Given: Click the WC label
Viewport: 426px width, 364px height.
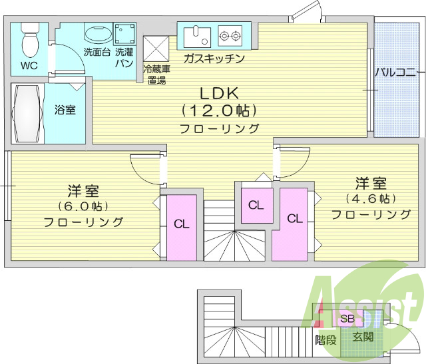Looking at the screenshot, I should tap(29, 65).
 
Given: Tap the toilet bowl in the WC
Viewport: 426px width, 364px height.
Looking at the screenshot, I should tap(30, 42).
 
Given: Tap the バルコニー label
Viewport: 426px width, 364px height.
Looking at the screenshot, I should tap(395, 72).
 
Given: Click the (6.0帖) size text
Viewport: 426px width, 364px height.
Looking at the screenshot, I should tap(83, 206).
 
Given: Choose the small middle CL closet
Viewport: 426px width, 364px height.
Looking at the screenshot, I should tap(256, 204).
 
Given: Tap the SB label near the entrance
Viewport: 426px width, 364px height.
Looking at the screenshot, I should tap(347, 319).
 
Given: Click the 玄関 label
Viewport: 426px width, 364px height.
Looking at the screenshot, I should tap(363, 337).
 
